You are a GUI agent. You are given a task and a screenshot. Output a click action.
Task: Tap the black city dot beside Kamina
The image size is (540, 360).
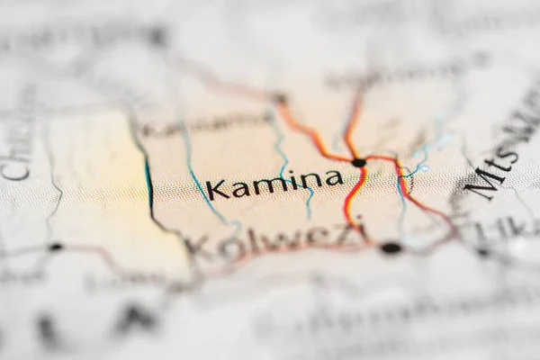[359, 163]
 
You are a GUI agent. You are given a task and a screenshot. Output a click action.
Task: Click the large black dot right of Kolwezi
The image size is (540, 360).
[391, 247]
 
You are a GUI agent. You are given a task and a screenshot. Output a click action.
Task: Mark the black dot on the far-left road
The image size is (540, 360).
[56, 247]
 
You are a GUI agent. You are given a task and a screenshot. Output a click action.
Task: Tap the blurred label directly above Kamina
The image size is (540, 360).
[207, 126]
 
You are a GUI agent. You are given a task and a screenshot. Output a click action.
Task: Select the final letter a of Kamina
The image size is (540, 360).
[333, 178]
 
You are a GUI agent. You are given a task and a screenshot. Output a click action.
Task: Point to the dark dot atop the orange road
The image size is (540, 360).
[281, 98]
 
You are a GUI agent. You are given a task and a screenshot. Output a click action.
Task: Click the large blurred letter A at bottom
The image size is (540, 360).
[135, 317]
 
